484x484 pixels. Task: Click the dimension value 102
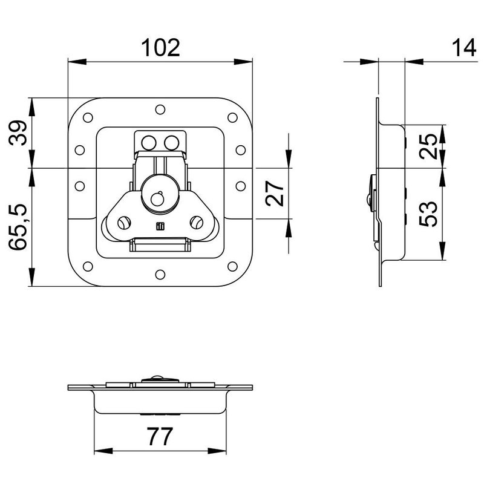pyautogui.click(x=160, y=47)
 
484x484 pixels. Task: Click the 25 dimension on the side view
pyautogui.click(x=429, y=146)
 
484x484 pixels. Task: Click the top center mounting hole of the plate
pyautogui.click(x=160, y=110)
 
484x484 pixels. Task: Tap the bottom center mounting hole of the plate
pyautogui.click(x=160, y=273)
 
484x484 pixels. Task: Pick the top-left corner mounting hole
pyautogui.click(x=87, y=117)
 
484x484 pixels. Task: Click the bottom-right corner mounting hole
pyautogui.click(x=232, y=266)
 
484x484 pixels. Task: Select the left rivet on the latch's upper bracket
pyautogui.click(x=148, y=142)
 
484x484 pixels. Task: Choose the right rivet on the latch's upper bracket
pyautogui.click(x=172, y=142)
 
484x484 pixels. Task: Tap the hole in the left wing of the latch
pyautogui.click(x=123, y=223)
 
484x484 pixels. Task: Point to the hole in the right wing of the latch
pyautogui.click(x=197, y=223)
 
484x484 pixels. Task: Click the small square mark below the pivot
pyautogui.click(x=160, y=227)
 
